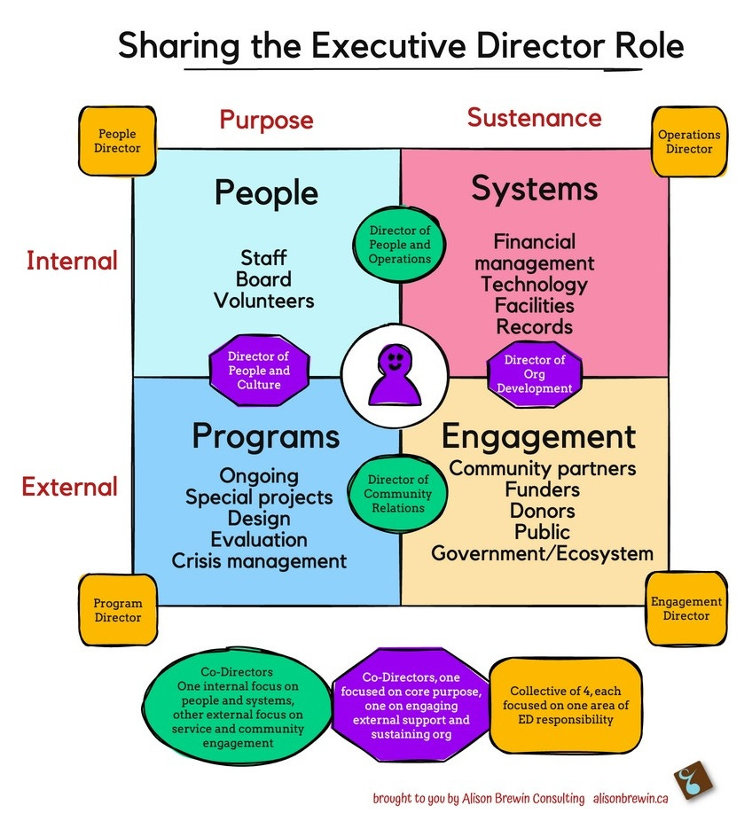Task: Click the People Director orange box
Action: [117, 141]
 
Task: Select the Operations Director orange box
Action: [689, 142]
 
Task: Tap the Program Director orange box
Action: [118, 610]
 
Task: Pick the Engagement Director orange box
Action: [685, 608]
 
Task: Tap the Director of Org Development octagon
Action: [534, 373]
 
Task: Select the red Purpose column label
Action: [266, 120]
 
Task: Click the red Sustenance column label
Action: [534, 117]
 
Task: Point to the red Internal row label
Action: [72, 261]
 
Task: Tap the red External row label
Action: [70, 487]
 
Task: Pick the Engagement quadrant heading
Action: [538, 436]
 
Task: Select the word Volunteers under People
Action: [264, 301]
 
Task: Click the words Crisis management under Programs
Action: [259, 560]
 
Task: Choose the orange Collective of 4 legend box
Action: [561, 705]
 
